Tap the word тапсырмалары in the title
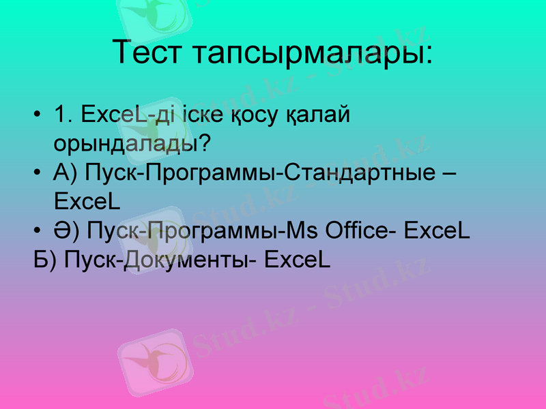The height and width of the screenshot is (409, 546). [311, 53]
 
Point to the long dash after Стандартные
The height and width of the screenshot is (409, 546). [449, 175]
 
